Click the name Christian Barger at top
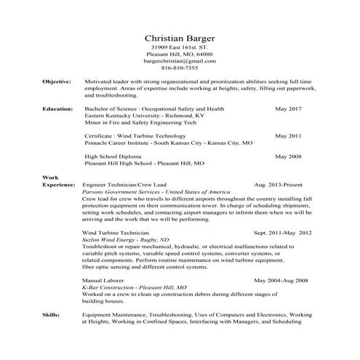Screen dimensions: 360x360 pyautogui.click(x=180, y=37)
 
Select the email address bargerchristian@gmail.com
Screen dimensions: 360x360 pyautogui.click(x=180, y=61)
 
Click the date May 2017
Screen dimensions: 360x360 pyautogui.click(x=287, y=108)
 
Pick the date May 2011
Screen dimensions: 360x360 pyautogui.click(x=287, y=136)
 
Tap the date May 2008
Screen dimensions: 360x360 pyautogui.click(x=287, y=156)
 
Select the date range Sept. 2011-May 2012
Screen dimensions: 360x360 pyautogui.click(x=282, y=232)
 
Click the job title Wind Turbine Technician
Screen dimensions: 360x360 pyautogui.click(x=119, y=232)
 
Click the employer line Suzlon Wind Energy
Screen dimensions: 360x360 pyautogui.click(x=126, y=239)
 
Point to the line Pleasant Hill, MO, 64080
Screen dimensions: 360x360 pyautogui.click(x=180, y=55)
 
